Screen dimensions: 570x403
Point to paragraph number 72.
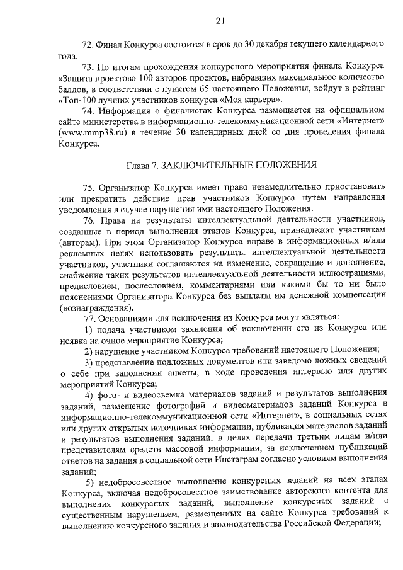89,44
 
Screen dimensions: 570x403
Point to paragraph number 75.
89,187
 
